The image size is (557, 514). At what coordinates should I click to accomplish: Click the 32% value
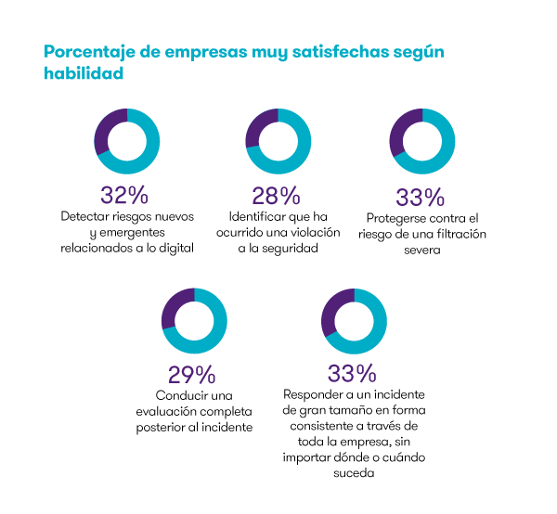pos(125,196)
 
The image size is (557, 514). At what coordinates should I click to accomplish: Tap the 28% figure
pos(277,196)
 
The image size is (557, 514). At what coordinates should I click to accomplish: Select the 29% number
pos(192,374)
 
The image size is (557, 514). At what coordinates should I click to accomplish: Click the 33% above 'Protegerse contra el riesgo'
pos(421,198)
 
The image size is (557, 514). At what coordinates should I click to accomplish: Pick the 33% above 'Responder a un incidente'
pos(352,374)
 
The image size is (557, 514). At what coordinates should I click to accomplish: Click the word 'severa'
pos(421,251)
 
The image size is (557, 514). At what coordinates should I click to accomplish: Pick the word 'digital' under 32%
pos(173,249)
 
